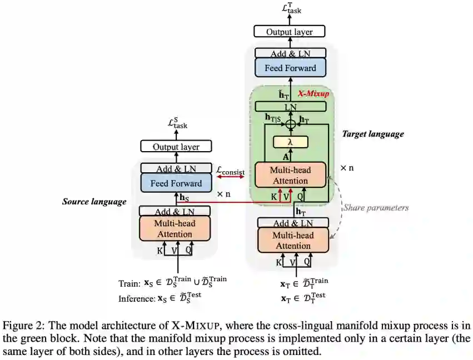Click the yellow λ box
(x=290, y=142)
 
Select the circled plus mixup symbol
(x=290, y=123)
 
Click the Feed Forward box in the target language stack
(x=290, y=68)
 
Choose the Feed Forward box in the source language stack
(x=175, y=182)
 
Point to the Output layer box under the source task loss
(x=175, y=147)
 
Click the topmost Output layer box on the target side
(x=290, y=32)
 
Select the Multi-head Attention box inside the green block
(x=290, y=174)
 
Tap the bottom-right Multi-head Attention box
(x=293, y=239)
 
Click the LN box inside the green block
(x=290, y=106)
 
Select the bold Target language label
(x=372, y=134)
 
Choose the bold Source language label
(x=94, y=202)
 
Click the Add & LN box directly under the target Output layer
(x=290, y=53)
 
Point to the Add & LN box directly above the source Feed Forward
(x=175, y=168)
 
